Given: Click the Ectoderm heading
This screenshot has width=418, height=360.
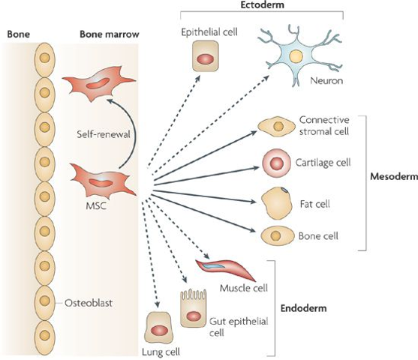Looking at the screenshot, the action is point(262,4).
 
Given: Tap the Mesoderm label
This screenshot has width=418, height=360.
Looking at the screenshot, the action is point(394,176).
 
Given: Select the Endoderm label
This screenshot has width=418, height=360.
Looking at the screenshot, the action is point(304,308).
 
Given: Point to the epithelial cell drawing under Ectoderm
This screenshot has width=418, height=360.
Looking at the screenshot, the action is point(206,56).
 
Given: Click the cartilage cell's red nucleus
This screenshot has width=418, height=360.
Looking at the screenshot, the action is point(276,163).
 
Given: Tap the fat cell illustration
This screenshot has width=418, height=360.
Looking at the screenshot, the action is point(275,203).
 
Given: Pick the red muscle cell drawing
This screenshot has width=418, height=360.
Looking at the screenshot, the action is point(226,270).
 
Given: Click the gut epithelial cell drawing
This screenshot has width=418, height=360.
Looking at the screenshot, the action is point(194,308).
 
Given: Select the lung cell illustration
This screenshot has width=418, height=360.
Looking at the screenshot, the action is point(158,328).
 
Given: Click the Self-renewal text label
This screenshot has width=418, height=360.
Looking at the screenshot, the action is point(104,134).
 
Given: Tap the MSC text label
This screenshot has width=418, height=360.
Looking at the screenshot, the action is point(96,205).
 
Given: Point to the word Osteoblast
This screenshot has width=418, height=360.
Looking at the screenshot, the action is point(89,303).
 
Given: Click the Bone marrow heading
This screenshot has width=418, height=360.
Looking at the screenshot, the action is point(110,34).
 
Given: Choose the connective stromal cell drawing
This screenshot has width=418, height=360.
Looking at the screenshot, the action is point(277,126).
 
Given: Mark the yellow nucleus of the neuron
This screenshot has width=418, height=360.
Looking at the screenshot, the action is point(296,57).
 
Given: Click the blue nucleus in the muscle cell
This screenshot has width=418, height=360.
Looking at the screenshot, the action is point(212,266).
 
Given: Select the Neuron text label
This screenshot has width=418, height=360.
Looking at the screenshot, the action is point(326,80).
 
